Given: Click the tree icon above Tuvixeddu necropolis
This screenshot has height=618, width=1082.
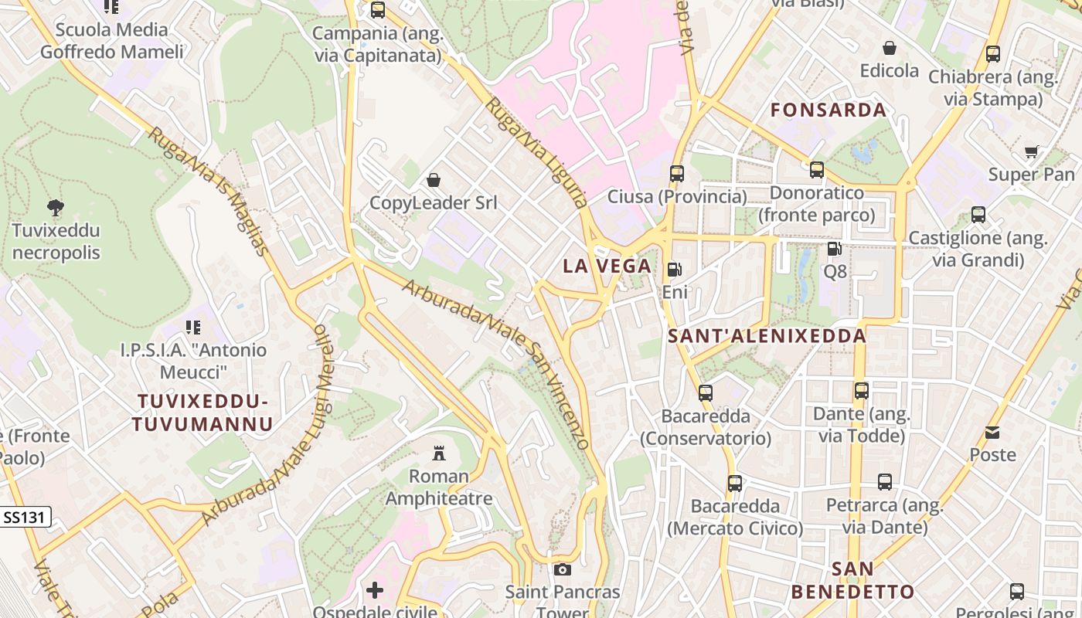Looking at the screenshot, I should point(55,207).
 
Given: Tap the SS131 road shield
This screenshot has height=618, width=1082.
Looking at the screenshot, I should point(26,518).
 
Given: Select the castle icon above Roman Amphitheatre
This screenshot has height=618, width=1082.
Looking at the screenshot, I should point(439,452).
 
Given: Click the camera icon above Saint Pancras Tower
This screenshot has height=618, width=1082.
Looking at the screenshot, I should point(563,569).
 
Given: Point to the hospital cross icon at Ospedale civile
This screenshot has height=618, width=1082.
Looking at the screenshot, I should point(375,591).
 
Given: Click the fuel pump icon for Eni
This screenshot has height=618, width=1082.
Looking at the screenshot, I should point(674,269).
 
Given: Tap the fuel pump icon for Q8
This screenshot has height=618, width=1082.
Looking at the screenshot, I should point(834,249).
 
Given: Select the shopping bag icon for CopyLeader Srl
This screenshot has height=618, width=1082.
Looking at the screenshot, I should point(434,180).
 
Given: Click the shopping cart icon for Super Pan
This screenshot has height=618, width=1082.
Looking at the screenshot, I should point(1031,151).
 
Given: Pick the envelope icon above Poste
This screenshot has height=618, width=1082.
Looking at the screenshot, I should point(992,432).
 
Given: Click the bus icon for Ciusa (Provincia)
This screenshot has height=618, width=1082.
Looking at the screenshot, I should point(677,174).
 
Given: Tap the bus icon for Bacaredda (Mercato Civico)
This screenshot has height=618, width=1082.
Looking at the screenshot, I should point(734,484).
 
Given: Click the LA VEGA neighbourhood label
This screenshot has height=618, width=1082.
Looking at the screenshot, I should point(607,267).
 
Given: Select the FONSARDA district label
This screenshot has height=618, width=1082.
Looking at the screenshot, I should point(829,110).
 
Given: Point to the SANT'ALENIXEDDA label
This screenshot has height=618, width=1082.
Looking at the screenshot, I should point(767,336).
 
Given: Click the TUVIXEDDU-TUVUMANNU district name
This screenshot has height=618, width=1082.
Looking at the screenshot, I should point(202,413).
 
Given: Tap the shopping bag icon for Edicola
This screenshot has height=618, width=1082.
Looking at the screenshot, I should point(890,48).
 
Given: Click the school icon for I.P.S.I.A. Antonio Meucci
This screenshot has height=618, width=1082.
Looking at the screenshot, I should point(192,328).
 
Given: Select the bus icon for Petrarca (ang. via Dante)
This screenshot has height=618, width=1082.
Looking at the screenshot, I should point(885,483).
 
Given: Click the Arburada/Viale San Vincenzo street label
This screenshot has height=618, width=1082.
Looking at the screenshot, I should point(496,364).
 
